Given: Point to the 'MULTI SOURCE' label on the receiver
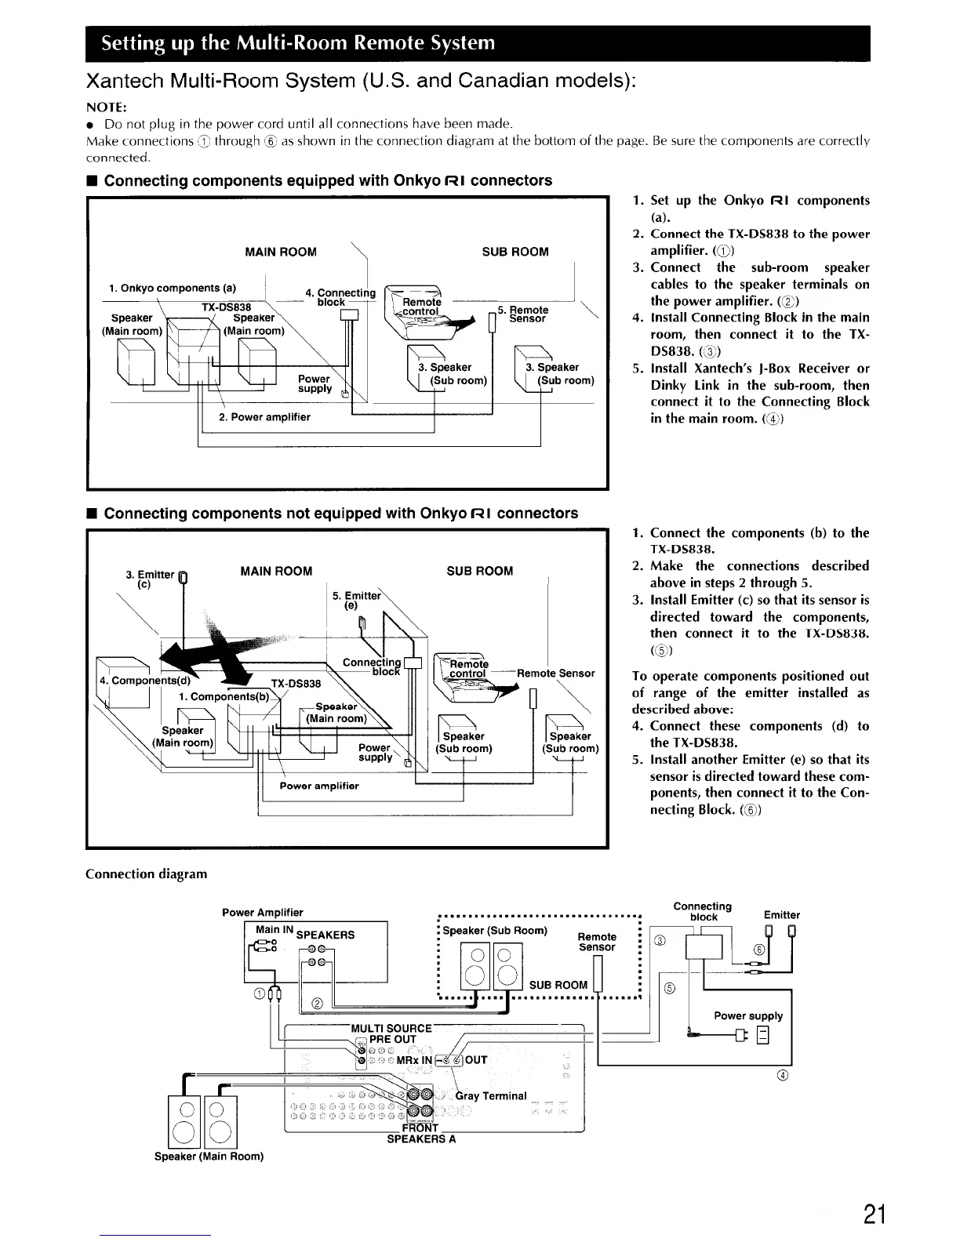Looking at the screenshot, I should [x=392, y=1028].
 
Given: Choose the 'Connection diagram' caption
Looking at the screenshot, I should [x=146, y=873].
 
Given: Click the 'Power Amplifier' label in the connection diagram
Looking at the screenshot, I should [x=263, y=912].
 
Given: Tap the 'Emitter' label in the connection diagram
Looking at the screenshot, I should [x=781, y=914].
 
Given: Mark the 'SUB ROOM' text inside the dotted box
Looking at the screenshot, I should [x=558, y=985].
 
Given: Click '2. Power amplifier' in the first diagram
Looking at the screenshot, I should [x=264, y=417].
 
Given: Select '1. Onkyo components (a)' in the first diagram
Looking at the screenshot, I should [x=173, y=287].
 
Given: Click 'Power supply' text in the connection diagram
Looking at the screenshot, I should [x=748, y=1015].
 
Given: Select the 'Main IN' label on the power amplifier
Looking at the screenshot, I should [x=275, y=930].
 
